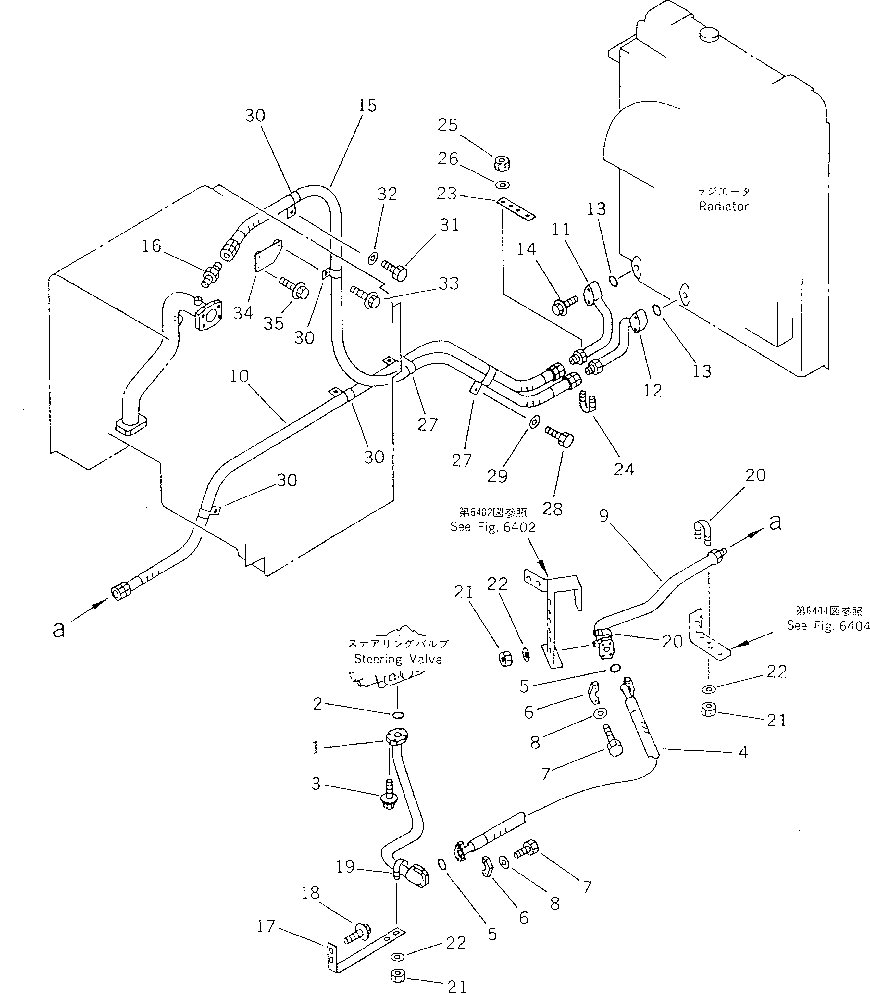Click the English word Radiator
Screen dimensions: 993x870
[x=723, y=207]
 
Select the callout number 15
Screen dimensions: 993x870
[x=367, y=105]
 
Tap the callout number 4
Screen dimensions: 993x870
[x=743, y=752]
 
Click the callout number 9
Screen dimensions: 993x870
[x=603, y=516]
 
